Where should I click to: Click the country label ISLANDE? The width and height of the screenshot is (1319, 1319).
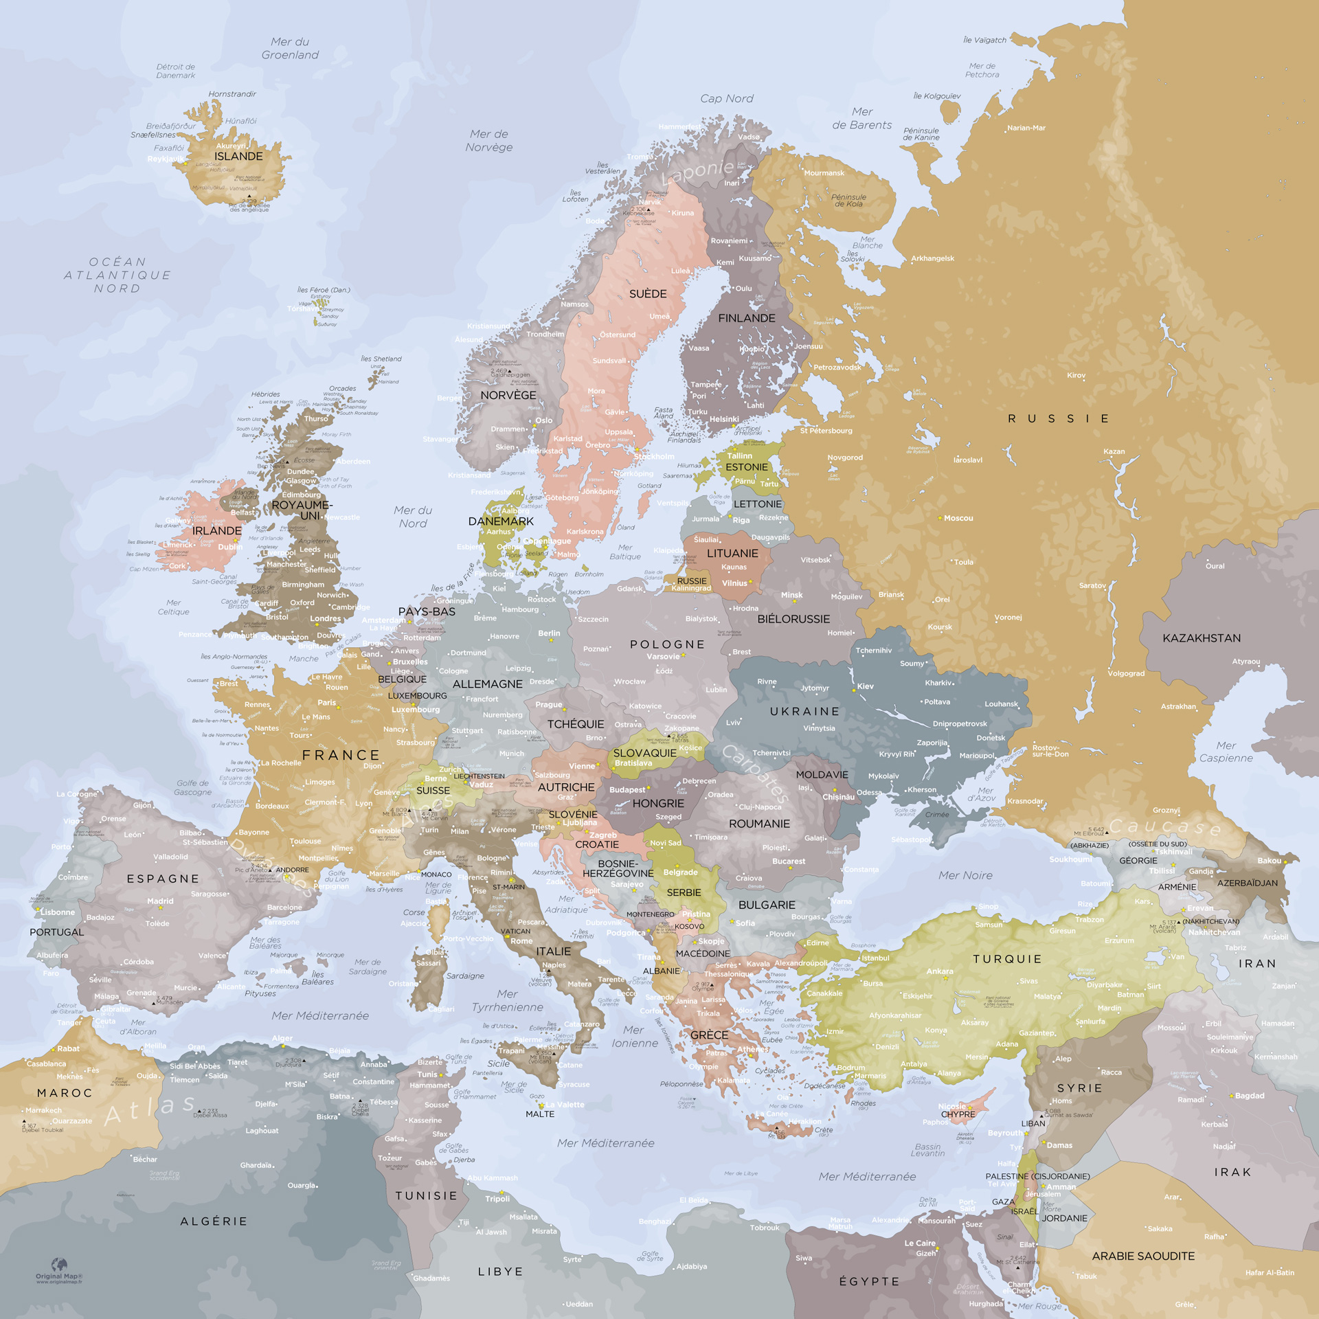(x=238, y=156)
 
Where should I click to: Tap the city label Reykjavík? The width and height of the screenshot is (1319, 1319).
(x=166, y=159)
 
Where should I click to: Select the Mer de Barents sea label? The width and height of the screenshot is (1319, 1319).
(x=861, y=118)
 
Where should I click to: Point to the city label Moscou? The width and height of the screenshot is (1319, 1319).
(x=958, y=518)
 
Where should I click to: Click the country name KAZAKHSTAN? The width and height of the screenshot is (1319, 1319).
(x=1202, y=638)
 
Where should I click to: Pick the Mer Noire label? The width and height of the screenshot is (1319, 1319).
(x=965, y=875)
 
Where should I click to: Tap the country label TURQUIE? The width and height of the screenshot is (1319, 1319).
(x=1007, y=959)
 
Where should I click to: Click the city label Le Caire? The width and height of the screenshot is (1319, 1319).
(x=919, y=1243)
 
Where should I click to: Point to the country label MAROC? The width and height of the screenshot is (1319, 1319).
(x=65, y=1093)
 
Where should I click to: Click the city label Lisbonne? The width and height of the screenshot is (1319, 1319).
(x=58, y=912)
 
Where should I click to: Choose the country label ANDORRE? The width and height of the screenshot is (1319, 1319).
(x=292, y=870)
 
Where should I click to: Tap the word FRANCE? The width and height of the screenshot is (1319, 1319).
(x=341, y=755)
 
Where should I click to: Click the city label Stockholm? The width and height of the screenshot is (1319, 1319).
(x=654, y=456)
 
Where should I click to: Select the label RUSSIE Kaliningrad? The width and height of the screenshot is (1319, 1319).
(x=691, y=584)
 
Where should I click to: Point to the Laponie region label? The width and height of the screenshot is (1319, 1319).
(x=697, y=171)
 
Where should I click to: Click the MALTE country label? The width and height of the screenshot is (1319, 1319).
(x=540, y=1114)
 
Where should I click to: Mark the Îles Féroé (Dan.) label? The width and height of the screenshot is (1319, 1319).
(x=324, y=290)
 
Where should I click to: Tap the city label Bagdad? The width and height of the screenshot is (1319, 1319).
(x=1249, y=1096)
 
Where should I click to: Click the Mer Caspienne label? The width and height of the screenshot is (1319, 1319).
(x=1226, y=752)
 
